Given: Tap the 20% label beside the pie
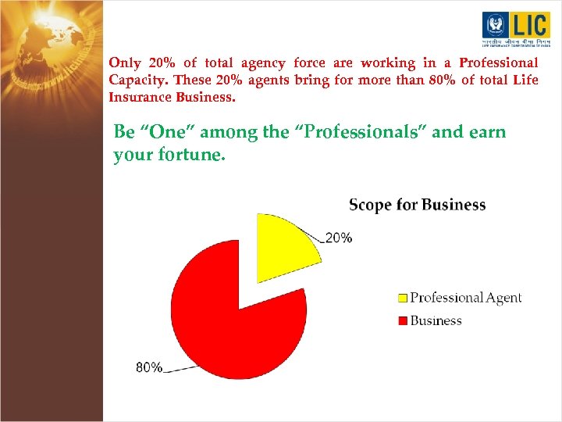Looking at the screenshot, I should (x=338, y=238).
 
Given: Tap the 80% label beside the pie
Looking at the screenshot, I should (x=149, y=367).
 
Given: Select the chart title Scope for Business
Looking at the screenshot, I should (x=417, y=205).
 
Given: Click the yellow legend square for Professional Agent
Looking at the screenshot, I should (x=403, y=298).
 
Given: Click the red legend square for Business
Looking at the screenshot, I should (x=403, y=320).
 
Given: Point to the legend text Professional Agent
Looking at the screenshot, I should (x=465, y=298).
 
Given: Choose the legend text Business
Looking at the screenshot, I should (x=436, y=320).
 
